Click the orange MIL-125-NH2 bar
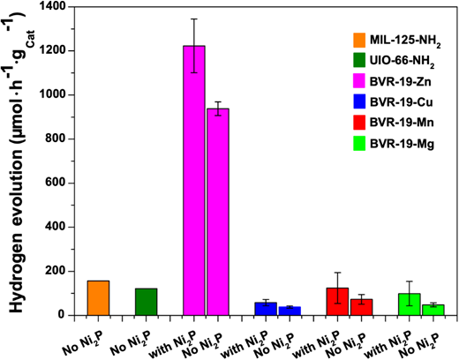[x=98, y=298]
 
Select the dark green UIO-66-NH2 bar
[x=147, y=302]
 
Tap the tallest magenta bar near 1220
[x=194, y=181]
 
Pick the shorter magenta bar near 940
[x=218, y=212]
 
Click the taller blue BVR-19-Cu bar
[x=266, y=309]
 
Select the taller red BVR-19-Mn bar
[x=337, y=302]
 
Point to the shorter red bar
[x=362, y=307]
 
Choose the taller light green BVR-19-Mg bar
[x=410, y=304]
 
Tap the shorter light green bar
[x=433, y=310]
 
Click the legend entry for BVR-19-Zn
[x=392, y=81]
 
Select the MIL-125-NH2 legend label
[x=405, y=41]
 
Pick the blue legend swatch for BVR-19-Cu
[x=359, y=101]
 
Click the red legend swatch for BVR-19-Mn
[x=359, y=122]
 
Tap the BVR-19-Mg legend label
[x=402, y=144]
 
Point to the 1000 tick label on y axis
[x=55, y=95]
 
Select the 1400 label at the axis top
[x=55, y=7]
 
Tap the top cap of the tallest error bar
[x=194, y=19]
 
